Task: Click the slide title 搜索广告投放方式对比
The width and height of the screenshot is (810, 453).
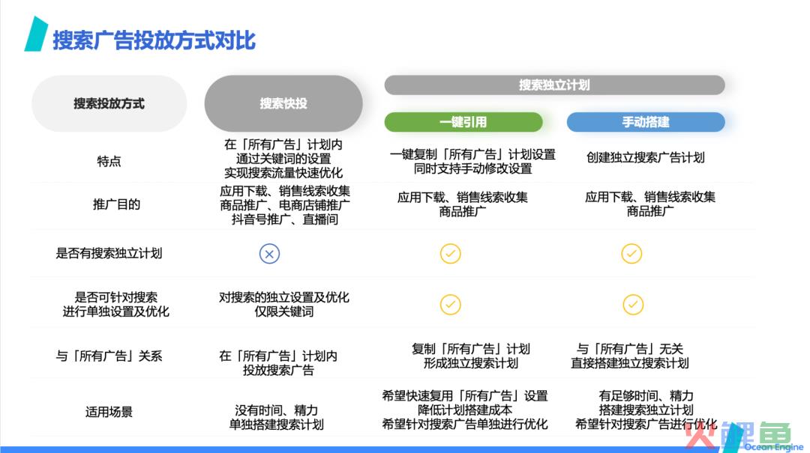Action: (x=154, y=40)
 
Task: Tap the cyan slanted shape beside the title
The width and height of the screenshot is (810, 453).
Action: (x=36, y=34)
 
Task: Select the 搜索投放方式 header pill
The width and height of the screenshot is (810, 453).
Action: (x=109, y=103)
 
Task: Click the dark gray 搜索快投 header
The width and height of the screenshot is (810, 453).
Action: (x=283, y=103)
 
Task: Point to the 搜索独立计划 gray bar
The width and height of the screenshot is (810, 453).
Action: (x=554, y=85)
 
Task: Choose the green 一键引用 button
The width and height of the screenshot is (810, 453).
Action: (x=463, y=122)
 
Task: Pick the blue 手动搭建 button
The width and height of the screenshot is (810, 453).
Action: (x=646, y=122)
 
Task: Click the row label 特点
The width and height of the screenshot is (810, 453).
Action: (x=109, y=162)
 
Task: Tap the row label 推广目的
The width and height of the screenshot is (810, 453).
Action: (x=116, y=204)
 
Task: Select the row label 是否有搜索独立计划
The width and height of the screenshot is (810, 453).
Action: (x=109, y=253)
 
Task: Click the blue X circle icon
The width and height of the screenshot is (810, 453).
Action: (x=269, y=254)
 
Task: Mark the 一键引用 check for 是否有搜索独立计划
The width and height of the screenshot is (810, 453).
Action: (x=451, y=254)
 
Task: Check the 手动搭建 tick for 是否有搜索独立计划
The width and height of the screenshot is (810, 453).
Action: (x=631, y=254)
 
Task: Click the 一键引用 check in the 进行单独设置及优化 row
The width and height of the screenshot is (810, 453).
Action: (x=451, y=305)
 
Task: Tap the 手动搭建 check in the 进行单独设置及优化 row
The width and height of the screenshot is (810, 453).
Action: (x=633, y=305)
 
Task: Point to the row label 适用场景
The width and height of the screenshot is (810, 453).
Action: (x=109, y=412)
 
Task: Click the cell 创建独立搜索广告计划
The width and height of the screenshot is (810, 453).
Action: (x=646, y=157)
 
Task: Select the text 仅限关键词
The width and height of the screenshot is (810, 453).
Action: (x=283, y=311)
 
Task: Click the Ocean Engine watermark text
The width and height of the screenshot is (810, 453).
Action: (x=773, y=447)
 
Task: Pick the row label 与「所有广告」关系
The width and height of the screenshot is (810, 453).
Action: (x=109, y=356)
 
